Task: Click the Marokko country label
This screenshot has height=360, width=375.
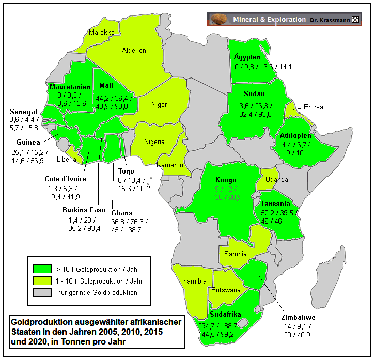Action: pos(101,32)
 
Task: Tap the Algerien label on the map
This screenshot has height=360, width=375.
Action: pos(134,51)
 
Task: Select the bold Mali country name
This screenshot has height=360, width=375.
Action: pos(106,85)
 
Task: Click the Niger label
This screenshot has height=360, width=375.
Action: pos(159,105)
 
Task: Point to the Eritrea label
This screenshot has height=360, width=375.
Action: pos(313,107)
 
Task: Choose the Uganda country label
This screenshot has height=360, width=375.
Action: pos(276,180)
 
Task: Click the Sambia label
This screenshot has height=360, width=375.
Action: pos(236,254)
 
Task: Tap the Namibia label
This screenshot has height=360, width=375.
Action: pos(194,281)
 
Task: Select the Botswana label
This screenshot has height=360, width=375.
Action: pos(226,290)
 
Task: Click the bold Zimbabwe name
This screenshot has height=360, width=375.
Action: pos(298,317)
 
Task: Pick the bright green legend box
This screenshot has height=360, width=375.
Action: pos(42,269)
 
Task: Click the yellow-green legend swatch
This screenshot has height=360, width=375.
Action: pos(42,281)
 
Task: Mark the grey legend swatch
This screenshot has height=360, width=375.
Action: pos(42,293)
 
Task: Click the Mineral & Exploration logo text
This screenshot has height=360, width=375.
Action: pos(269,20)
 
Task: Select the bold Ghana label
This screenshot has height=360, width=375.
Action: pos(122,213)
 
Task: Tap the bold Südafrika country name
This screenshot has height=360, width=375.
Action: pos(226,314)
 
